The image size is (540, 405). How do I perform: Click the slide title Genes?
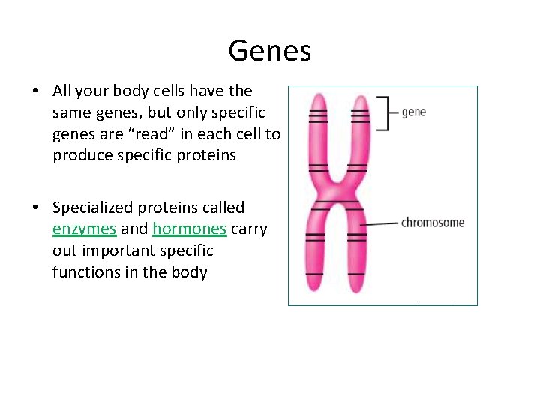(269, 51)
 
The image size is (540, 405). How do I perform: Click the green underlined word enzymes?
(84, 229)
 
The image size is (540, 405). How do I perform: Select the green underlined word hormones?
(189, 229)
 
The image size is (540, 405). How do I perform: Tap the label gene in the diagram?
(413, 112)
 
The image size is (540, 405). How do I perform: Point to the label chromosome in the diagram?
(433, 223)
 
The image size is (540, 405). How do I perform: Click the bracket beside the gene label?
(384, 112)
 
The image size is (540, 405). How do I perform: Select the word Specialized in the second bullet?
(91, 207)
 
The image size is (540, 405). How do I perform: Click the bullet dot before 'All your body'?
(36, 91)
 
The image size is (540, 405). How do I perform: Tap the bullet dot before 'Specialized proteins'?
(36, 208)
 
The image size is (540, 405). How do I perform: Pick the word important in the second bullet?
(118, 250)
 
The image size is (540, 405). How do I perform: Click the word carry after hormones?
(249, 229)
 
